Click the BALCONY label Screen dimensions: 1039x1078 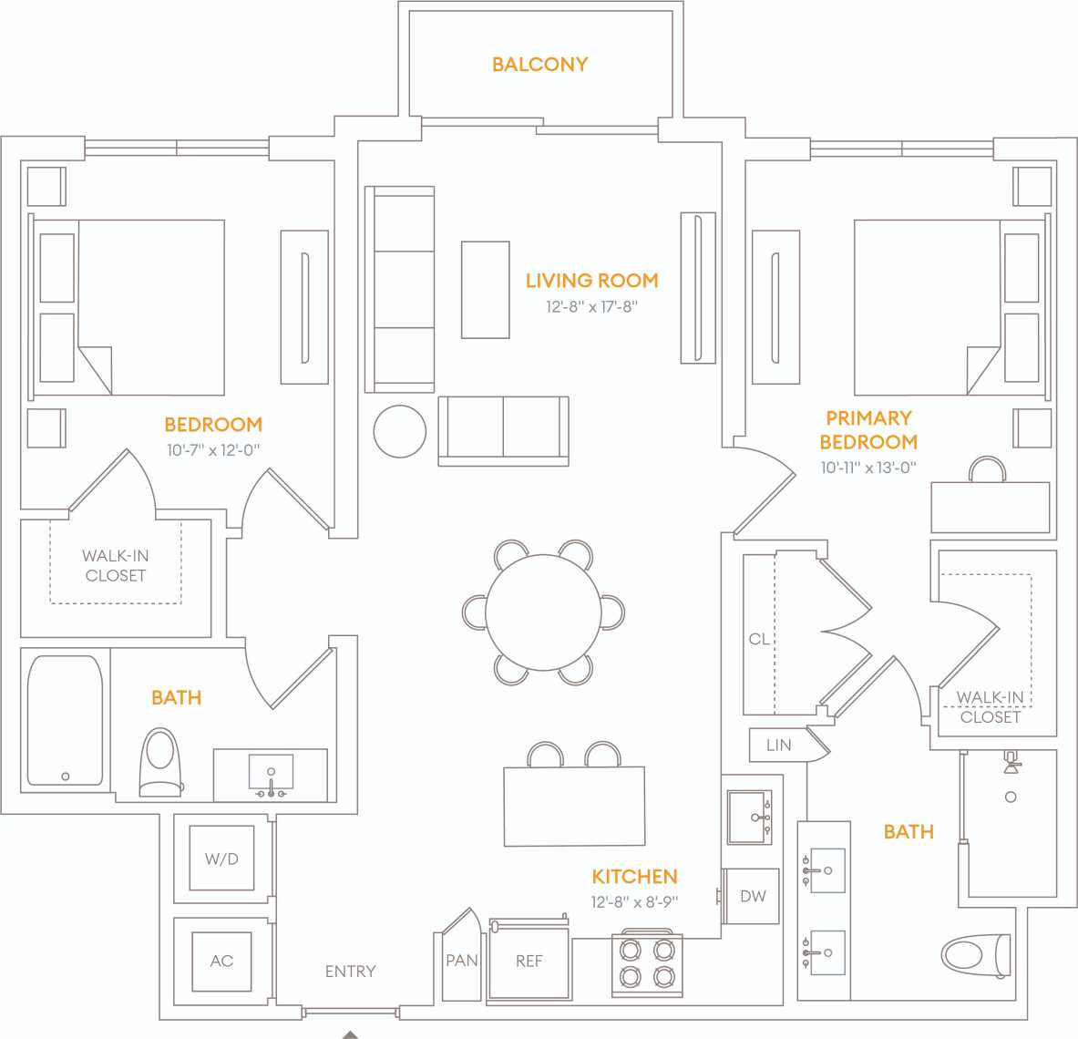pyautogui.click(x=539, y=65)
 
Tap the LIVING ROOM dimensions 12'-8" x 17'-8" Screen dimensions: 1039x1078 pyautogui.click(x=591, y=307)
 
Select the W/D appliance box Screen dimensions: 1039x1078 pyautogui.click(x=221, y=859)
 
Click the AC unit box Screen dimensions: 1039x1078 pyautogui.click(x=221, y=961)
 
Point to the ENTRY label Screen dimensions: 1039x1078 pyautogui.click(x=350, y=972)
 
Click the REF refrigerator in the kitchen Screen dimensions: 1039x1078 pyautogui.click(x=529, y=962)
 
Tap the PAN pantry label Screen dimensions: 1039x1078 pyautogui.click(x=462, y=961)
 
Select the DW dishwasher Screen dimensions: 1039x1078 pyautogui.click(x=752, y=896)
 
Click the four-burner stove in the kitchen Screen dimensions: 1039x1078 pyautogui.click(x=646, y=963)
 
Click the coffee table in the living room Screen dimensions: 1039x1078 pyautogui.click(x=485, y=290)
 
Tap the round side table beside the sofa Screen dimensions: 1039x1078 pyautogui.click(x=399, y=431)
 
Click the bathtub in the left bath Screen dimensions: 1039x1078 pyautogui.click(x=65, y=720)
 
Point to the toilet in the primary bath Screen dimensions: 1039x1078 pyautogui.click(x=975, y=954)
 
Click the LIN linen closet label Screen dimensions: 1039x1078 pyautogui.click(x=778, y=745)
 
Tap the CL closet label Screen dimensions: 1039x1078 pyautogui.click(x=758, y=639)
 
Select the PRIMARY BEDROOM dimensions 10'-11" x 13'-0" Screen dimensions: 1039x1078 pyautogui.click(x=868, y=468)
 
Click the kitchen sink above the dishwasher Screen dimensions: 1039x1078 pyautogui.click(x=750, y=818)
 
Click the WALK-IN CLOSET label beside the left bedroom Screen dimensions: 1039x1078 pyautogui.click(x=115, y=565)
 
